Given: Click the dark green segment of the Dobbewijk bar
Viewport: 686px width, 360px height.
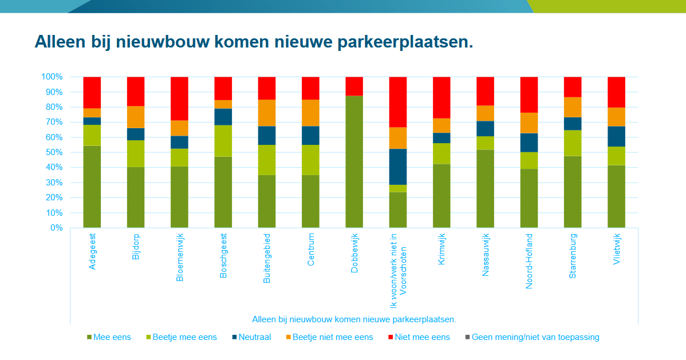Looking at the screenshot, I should (x=354, y=161).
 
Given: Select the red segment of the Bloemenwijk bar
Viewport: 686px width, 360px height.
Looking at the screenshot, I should (x=179, y=98).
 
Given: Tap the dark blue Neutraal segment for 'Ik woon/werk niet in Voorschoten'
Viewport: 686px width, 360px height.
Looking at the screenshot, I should (x=398, y=167).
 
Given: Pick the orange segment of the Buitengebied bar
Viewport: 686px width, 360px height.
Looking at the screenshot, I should (x=267, y=113).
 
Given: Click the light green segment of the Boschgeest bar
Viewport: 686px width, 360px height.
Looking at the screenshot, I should (x=223, y=141).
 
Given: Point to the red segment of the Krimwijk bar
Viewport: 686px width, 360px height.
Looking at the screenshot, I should (x=441, y=97).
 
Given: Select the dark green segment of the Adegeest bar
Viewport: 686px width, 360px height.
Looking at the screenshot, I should (x=92, y=187).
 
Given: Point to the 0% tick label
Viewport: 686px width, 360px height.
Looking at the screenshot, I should (x=56, y=228).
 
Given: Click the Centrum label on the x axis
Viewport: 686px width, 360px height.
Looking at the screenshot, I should (x=311, y=250).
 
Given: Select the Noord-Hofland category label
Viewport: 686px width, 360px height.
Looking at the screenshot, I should (x=529, y=261).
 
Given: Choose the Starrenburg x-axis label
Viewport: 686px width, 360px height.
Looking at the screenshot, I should (x=573, y=255).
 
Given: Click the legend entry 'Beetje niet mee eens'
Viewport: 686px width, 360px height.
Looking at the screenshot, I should (x=332, y=337).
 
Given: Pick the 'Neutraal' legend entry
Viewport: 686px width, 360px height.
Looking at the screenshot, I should (x=255, y=337).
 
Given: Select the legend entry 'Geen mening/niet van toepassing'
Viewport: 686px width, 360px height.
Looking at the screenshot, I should (x=535, y=337).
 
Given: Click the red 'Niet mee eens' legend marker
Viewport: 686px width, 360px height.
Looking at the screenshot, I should (x=391, y=337).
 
